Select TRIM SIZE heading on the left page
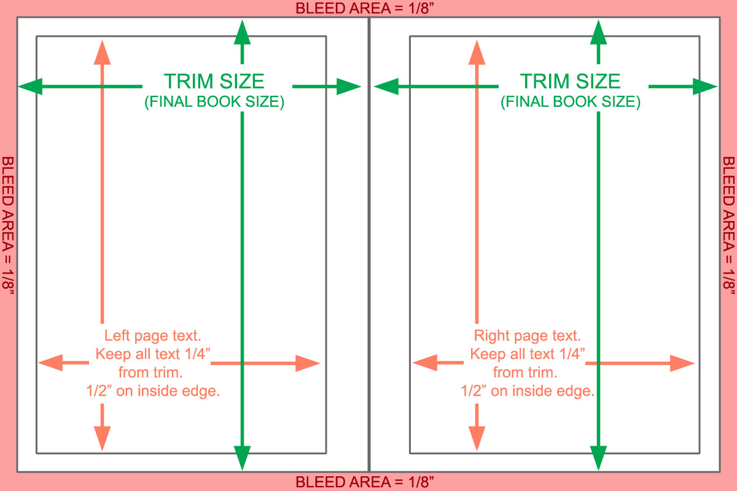214,81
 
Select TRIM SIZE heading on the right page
571,81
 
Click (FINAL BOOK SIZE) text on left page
214,102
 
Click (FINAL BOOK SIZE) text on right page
571,102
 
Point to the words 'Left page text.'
153,336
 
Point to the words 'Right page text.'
527,336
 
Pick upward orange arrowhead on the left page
102,53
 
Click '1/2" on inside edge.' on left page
153,391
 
